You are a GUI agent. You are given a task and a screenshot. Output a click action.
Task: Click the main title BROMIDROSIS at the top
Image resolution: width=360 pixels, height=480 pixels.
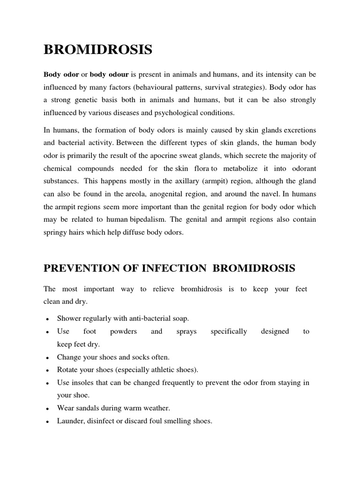[x=98, y=50]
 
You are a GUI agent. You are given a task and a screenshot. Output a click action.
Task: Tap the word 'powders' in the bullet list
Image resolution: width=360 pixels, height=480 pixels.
[x=123, y=331]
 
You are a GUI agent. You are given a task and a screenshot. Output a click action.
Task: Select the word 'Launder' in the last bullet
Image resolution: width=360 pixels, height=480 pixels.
[x=70, y=421]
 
